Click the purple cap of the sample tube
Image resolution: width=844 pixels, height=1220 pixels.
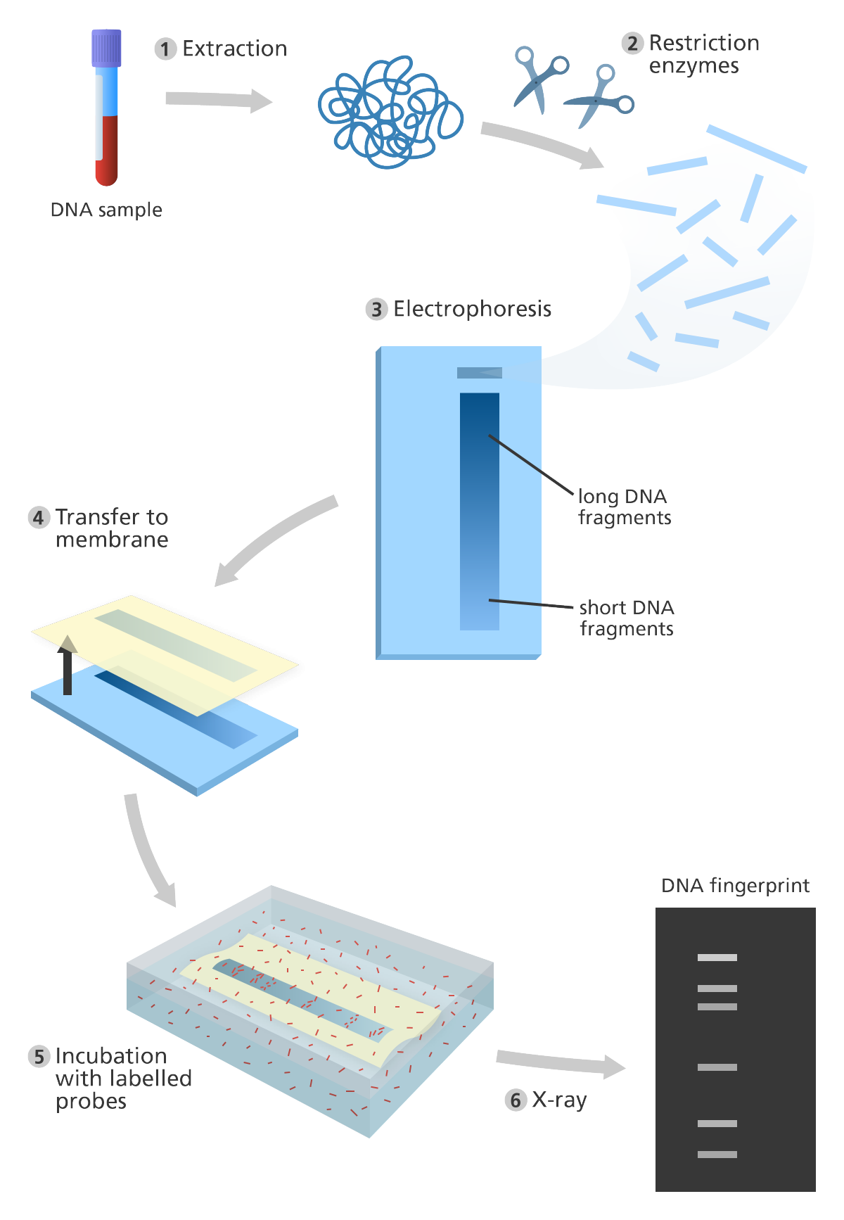(106, 48)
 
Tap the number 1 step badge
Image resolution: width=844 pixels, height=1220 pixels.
(165, 49)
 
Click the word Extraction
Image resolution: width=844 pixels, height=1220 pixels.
(235, 49)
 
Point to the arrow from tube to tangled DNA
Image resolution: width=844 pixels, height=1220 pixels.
(219, 101)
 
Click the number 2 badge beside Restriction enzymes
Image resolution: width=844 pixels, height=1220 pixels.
(632, 44)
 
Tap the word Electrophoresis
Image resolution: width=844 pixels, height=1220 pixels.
(472, 309)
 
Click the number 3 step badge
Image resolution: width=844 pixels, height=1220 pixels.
(377, 310)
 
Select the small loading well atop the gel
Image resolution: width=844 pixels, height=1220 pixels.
(480, 373)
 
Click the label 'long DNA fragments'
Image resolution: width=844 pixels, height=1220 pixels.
(625, 507)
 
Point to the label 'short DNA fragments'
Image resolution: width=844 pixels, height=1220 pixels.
(627, 618)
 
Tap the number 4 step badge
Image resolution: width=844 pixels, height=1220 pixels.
(39, 518)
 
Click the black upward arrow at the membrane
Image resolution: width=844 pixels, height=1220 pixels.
(68, 664)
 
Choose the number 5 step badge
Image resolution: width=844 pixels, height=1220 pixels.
(39, 1057)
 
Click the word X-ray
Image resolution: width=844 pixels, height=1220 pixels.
(559, 1100)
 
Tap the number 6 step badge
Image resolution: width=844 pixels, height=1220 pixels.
(516, 1100)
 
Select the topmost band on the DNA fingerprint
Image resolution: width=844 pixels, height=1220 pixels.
(717, 958)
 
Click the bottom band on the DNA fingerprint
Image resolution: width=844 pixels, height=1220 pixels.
(717, 1155)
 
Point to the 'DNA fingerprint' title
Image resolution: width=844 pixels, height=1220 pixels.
(735, 886)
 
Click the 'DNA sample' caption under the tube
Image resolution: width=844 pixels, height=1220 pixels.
(106, 210)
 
